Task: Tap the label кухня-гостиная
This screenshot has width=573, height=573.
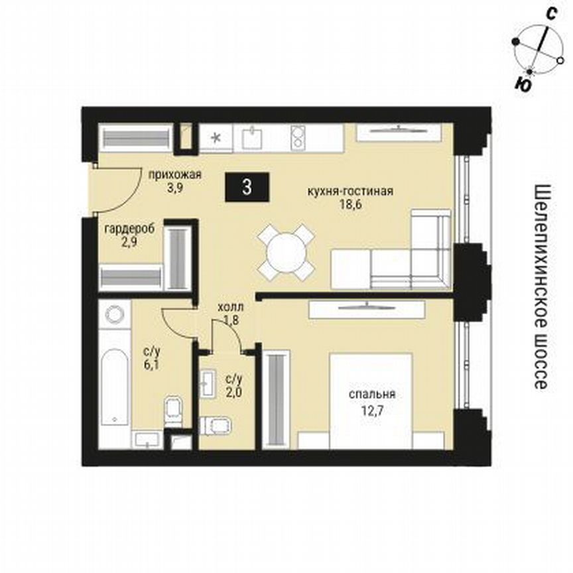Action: pos(350,192)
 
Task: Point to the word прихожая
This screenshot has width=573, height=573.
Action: pos(175,176)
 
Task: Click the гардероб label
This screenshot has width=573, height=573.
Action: pos(129,229)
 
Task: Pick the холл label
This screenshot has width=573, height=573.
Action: pos(231,308)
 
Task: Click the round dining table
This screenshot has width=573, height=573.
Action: pos(286,251)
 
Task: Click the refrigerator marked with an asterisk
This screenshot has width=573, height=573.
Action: pos(216,139)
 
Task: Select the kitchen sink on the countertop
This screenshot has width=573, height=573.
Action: pos(254,138)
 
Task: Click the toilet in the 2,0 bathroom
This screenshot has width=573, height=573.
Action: pos(215,424)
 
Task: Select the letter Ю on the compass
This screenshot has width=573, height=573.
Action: pos(522,84)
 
